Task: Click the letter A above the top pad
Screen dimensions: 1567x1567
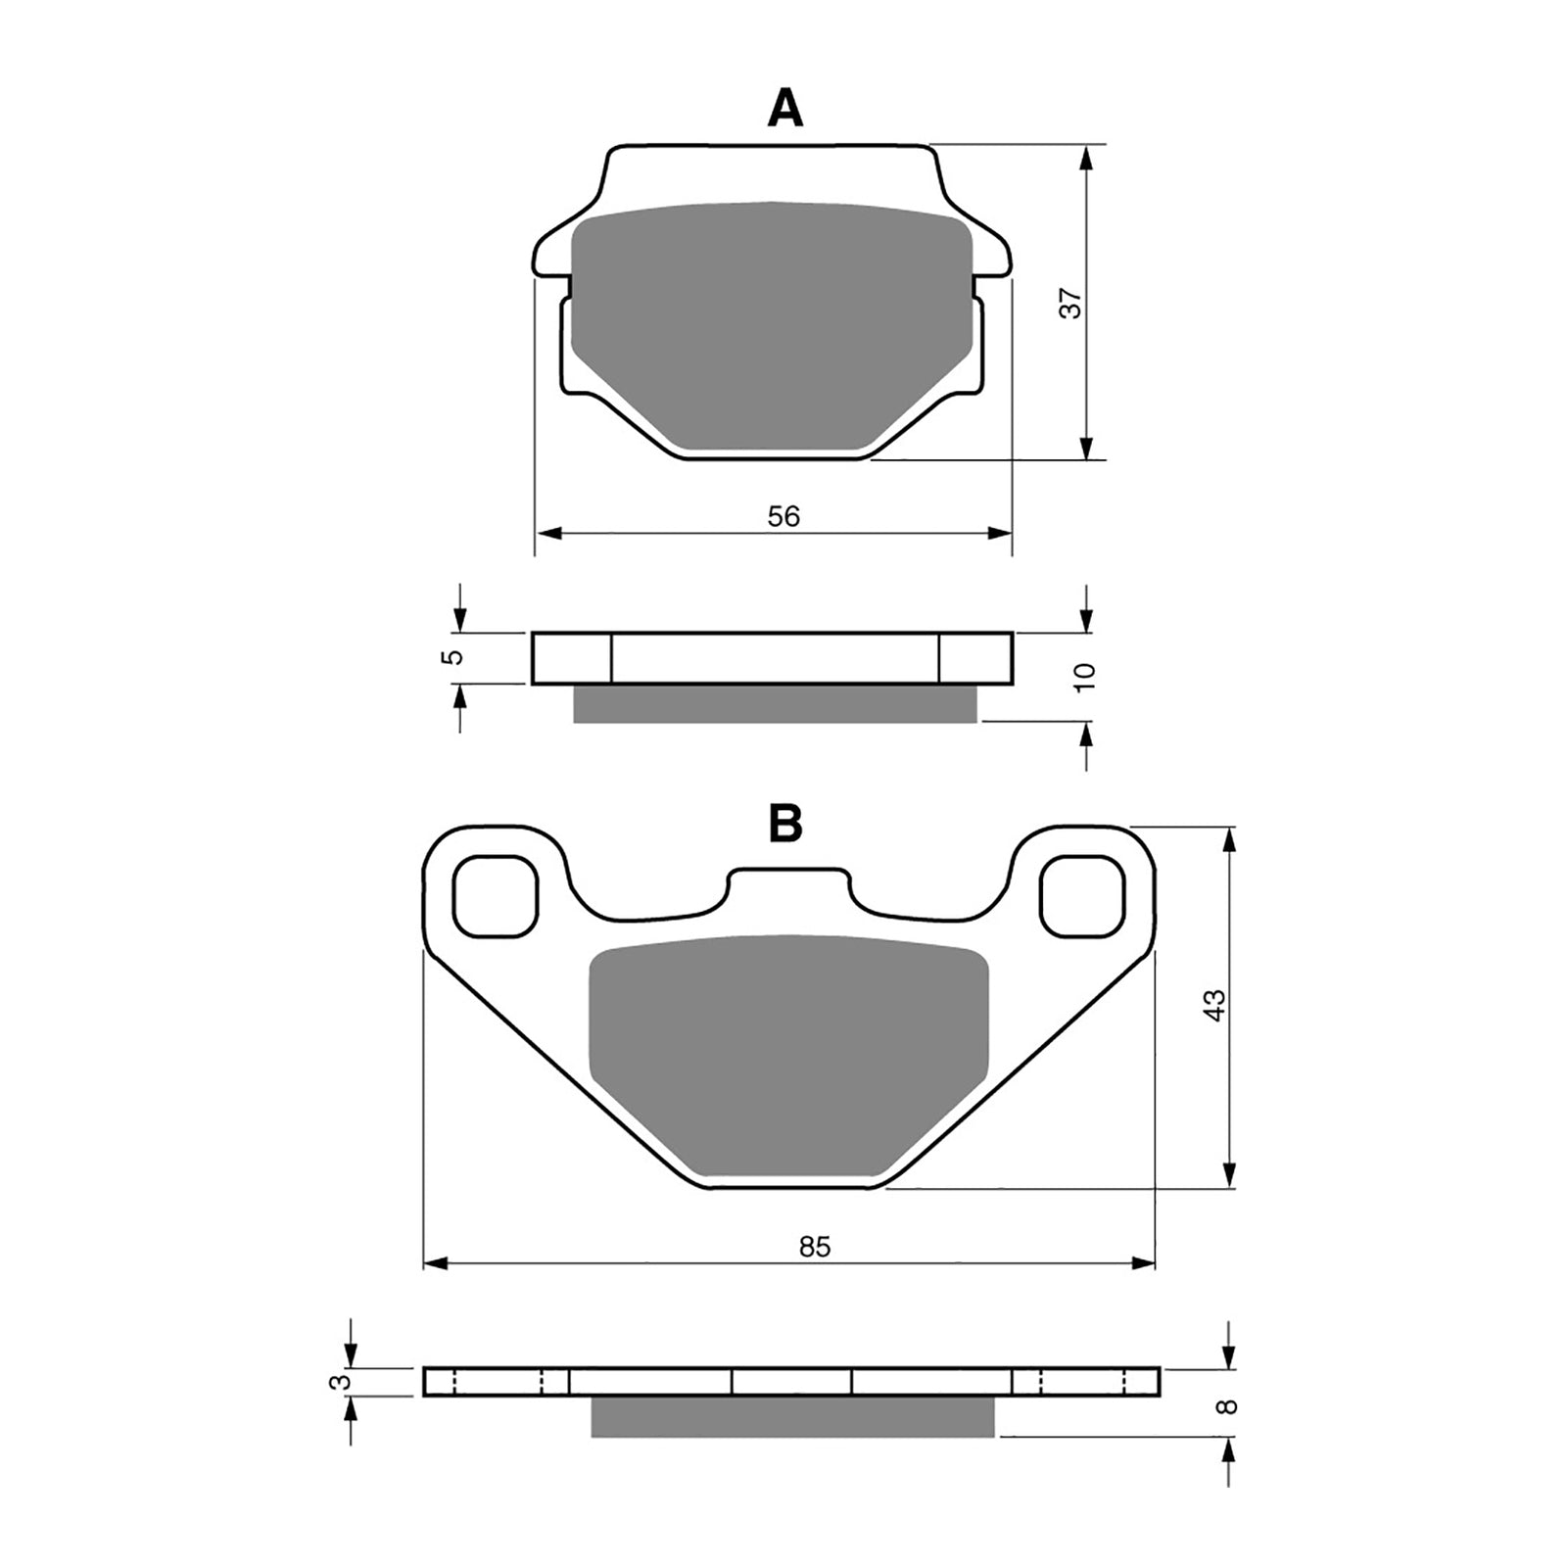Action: [x=784, y=109]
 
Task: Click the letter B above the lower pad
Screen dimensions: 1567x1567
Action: [x=785, y=825]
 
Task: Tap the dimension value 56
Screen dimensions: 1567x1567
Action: [x=783, y=516]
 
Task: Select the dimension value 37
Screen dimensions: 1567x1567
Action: [x=1074, y=304]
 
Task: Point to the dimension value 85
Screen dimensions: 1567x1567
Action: [x=814, y=1247]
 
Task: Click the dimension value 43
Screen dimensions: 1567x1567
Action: [x=1214, y=1006]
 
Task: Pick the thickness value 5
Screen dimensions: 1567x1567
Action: [x=451, y=657]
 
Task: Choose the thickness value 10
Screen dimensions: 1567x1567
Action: [x=1085, y=677]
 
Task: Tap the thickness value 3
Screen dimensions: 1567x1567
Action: [x=340, y=1382]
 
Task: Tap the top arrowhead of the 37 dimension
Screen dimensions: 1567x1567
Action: [x=1085, y=157]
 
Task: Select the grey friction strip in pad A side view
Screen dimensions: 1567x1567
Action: [x=774, y=703]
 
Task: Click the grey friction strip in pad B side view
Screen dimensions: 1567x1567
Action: [x=791, y=1417]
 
